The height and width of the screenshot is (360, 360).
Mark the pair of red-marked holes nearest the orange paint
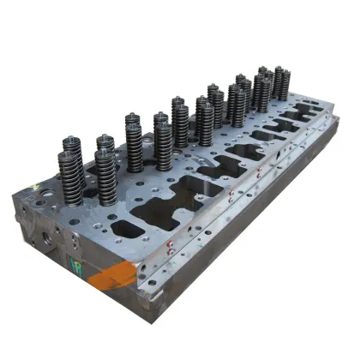click(172, 249)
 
